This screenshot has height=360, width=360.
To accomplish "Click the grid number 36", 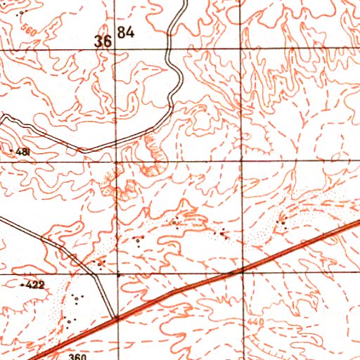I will click(103, 41).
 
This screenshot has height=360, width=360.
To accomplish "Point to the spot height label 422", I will click(34, 285).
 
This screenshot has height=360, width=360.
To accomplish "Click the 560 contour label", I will click(28, 30).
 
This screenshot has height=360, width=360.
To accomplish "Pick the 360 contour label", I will click(77, 356).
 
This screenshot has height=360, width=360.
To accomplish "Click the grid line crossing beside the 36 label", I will click(116, 49).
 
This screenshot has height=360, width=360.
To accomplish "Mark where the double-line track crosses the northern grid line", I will click(169, 49).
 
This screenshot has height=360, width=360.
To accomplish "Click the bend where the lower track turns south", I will click(94, 270).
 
